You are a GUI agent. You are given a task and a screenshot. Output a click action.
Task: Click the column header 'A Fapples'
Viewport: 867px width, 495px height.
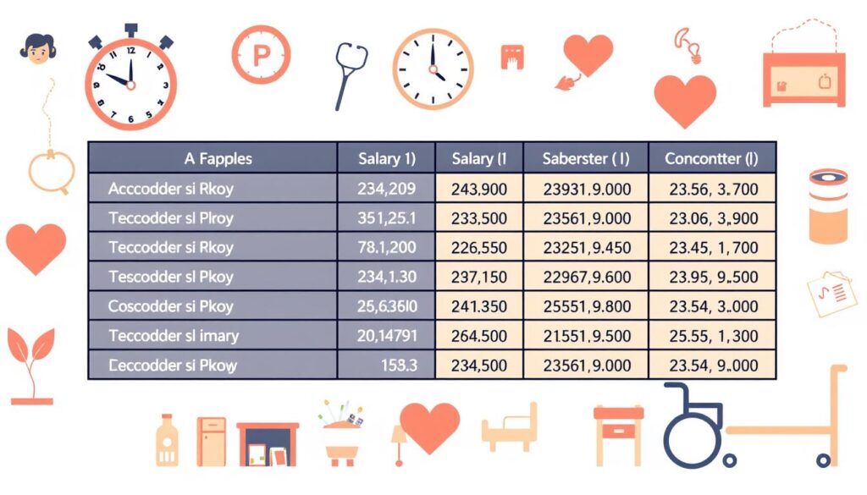tap(218, 158)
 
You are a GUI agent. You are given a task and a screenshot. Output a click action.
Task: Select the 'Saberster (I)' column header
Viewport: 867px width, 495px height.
tap(585, 158)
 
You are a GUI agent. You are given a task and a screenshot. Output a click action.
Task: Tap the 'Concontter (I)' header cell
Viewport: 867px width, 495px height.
tap(711, 158)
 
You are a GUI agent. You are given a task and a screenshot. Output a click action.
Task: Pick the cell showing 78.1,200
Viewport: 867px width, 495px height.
tap(387, 248)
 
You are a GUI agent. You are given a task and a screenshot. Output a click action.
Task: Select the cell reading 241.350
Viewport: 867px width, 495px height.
tap(478, 306)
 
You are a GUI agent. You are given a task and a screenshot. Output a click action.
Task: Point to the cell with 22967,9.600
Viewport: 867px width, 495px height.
tap(585, 277)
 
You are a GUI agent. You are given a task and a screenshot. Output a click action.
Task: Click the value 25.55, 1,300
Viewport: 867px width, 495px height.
tap(713, 336)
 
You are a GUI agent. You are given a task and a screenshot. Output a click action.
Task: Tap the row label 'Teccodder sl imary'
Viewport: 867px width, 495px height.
tap(174, 336)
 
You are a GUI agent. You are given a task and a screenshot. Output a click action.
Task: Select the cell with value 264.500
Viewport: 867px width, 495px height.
tap(478, 336)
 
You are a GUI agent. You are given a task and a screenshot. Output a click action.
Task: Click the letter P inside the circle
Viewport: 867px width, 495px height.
tap(261, 55)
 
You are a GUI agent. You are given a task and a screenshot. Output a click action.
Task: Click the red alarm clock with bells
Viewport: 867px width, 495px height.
tap(130, 80)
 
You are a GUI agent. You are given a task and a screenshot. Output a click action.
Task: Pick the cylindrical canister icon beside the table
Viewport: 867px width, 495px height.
tap(827, 205)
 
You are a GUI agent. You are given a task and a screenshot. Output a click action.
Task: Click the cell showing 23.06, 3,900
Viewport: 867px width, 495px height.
tap(713, 218)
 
